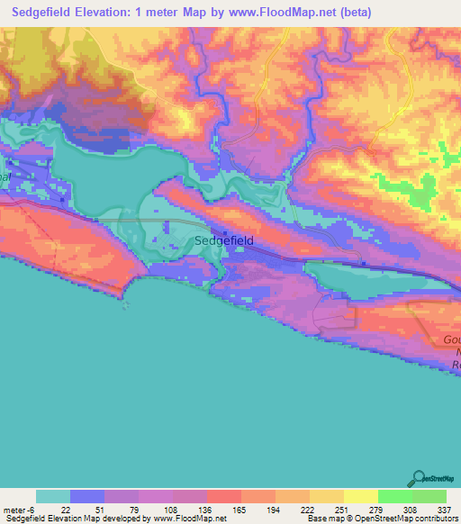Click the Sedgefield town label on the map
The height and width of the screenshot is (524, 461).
224,240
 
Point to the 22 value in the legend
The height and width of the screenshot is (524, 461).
65,509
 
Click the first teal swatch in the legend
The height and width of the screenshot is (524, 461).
53,496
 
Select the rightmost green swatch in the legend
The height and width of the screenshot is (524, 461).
429,496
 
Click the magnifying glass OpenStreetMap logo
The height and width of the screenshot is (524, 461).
420,479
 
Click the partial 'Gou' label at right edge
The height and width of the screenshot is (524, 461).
451,339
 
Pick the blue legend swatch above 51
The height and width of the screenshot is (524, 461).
87,496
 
